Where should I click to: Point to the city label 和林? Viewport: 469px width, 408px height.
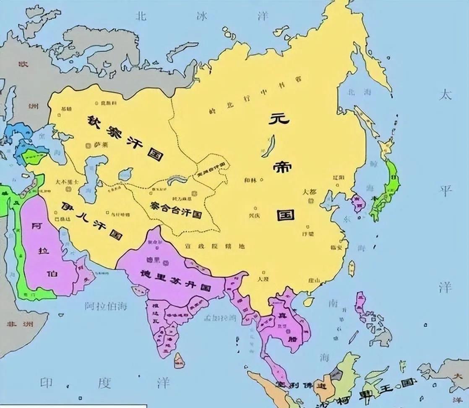coord(250,180)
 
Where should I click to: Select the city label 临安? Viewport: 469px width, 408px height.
coord(336,247)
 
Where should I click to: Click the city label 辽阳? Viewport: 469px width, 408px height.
coord(339,178)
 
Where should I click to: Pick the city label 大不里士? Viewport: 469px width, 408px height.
coord(67,182)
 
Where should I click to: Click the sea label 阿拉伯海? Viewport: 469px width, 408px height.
coord(105,306)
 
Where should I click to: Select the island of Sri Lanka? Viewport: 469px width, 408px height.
coord(179,360)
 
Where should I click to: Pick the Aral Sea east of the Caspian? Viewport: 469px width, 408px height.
coord(125,174)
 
